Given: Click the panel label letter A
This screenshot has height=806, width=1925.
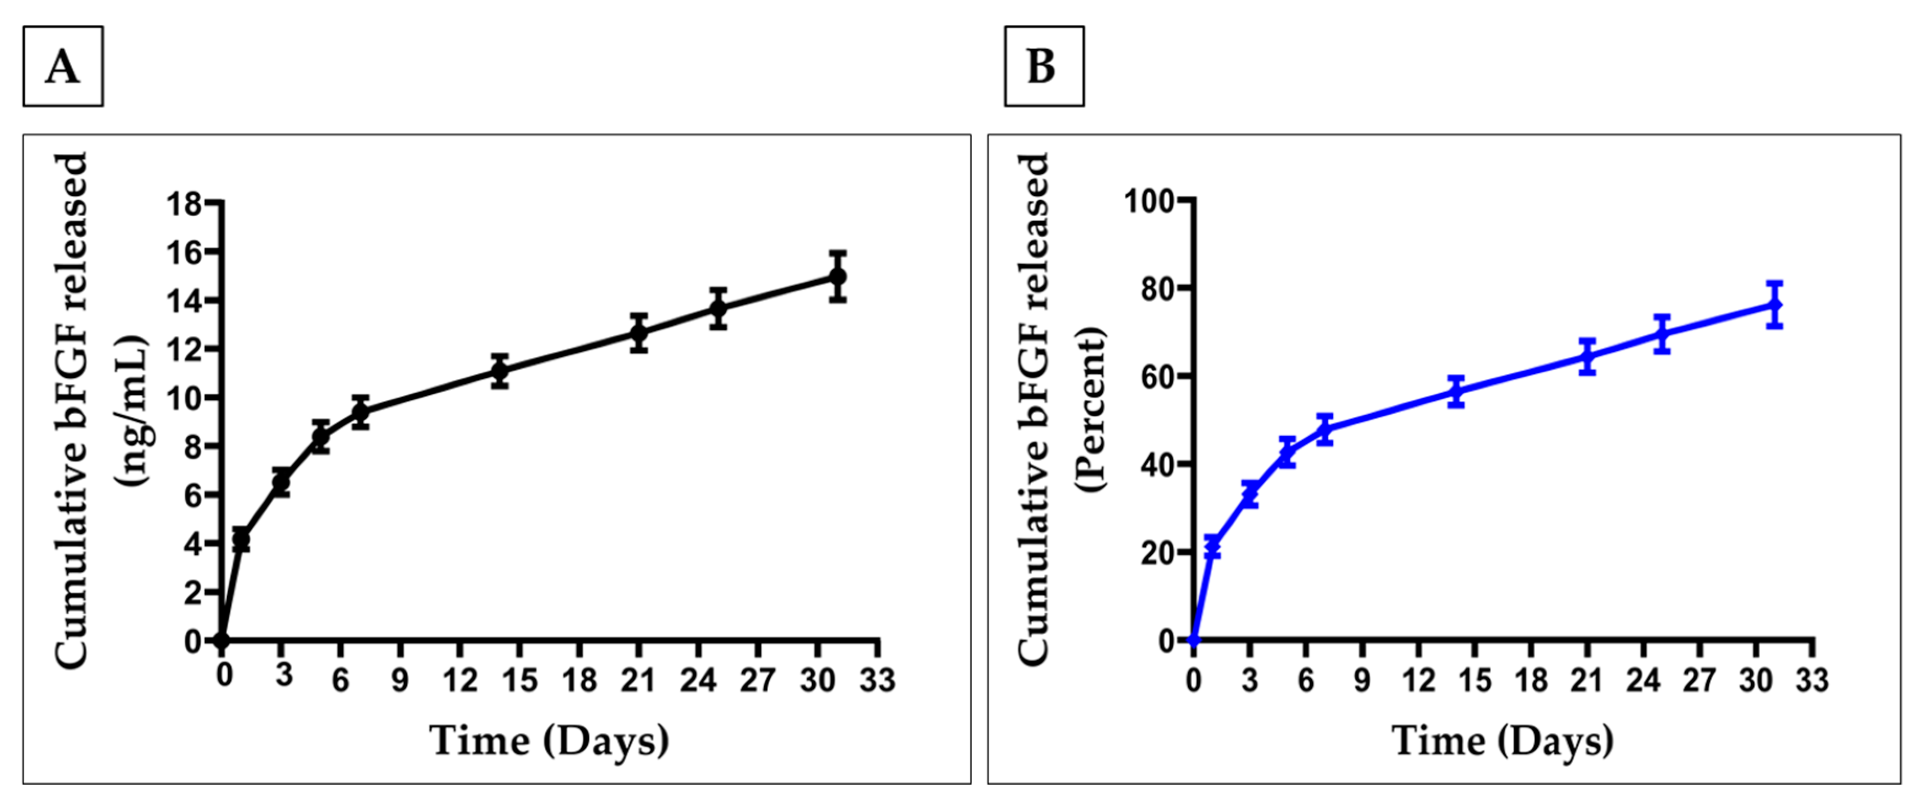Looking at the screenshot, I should pos(63,67).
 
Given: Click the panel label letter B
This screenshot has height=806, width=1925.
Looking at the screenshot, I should pos(1042,67).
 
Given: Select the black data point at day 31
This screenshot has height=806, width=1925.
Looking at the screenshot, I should pos(838,277).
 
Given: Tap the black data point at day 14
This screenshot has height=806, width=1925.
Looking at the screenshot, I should pos(500,371).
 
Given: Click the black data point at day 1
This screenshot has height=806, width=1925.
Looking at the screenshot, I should pos(241,539).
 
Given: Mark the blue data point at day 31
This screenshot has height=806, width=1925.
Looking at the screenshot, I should pos(1774,305).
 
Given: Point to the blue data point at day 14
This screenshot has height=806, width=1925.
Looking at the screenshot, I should pos(1456,391).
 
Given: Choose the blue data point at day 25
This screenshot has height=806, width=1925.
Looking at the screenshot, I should pos(1662,334).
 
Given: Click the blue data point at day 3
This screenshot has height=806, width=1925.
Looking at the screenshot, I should pos(1249,493).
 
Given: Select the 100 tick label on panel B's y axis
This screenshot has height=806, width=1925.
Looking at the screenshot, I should pos(1148,201).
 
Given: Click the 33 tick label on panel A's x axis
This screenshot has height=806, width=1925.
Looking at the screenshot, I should pos(877,680).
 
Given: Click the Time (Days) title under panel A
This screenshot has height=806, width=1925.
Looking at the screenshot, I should pos(549,742).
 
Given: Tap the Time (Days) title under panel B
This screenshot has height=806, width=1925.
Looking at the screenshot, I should pos(1502,742).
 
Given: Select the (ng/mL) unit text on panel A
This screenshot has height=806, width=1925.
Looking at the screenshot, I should pos(132,411).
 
